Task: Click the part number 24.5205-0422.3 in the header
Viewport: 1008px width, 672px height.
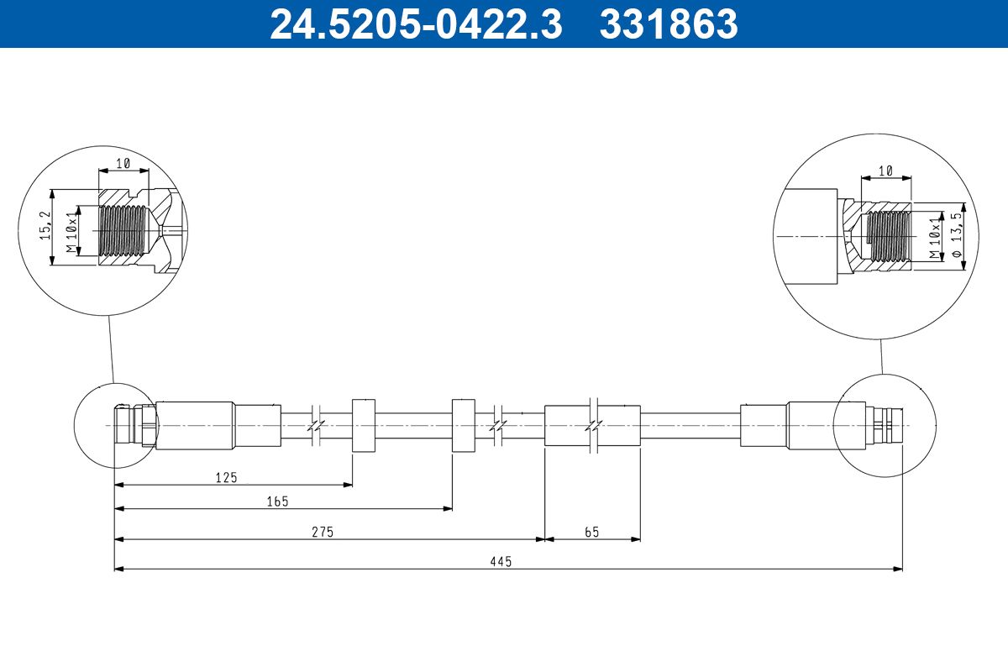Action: pos(416,24)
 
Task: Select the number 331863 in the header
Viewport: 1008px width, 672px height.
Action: pos(668,24)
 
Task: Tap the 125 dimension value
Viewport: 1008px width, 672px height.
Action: pos(226,477)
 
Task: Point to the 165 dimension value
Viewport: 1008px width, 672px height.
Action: pos(277,501)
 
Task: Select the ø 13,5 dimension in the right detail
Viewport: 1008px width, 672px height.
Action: pos(955,236)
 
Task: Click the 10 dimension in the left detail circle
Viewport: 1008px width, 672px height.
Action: pos(123,164)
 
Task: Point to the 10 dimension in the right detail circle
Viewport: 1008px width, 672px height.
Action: pos(885,171)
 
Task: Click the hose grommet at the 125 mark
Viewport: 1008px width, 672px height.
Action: pos(363,426)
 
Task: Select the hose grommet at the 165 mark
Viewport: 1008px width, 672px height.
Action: pos(464,426)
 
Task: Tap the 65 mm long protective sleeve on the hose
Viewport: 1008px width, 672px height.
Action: pos(592,426)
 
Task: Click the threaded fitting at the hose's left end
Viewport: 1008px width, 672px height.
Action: pos(134,425)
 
